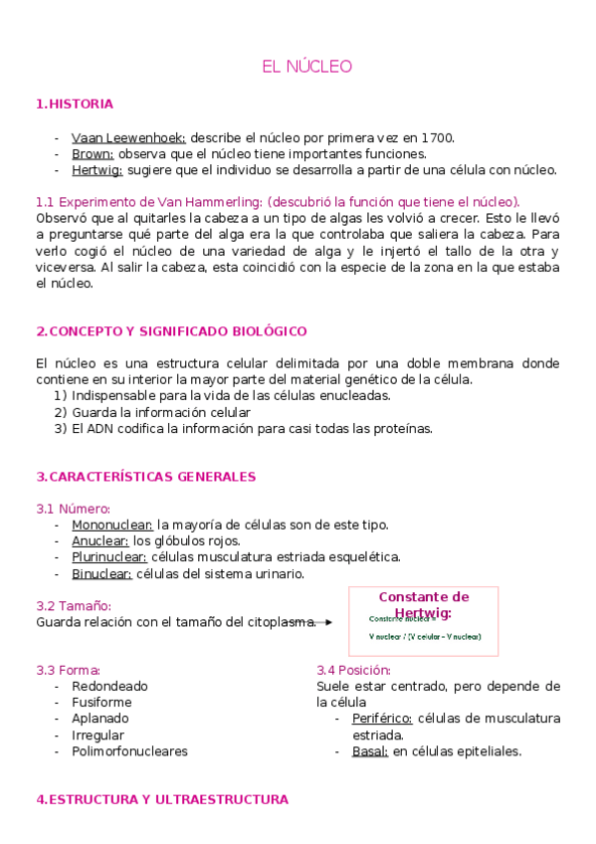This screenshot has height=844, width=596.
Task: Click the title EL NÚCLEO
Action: click(306, 67)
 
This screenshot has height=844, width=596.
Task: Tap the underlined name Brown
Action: click(93, 153)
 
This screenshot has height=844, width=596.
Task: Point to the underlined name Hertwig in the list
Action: click(98, 169)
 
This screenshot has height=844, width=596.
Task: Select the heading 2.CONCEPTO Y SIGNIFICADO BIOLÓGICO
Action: click(170, 330)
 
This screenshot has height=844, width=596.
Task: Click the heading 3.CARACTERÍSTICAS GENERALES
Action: click(145, 477)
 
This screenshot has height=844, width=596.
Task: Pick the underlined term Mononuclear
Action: click(111, 525)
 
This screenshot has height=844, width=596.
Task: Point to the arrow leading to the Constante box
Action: click(324, 622)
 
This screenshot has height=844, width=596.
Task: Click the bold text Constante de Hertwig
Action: click(423, 604)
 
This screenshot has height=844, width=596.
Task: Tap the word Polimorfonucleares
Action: click(129, 751)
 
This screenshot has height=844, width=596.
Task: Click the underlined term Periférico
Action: click(382, 719)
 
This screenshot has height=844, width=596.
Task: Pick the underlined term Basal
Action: click(369, 751)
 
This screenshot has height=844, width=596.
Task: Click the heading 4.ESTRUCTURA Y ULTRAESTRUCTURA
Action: click(161, 799)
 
